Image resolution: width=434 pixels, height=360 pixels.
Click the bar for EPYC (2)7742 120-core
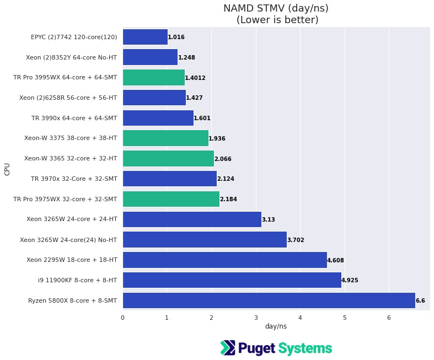pos(145,37)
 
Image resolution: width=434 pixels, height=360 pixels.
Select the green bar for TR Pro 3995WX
pos(154,78)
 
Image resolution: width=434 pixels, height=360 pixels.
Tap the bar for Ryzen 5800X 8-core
pos(269,300)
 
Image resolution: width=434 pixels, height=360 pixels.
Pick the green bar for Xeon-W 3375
pos(165,138)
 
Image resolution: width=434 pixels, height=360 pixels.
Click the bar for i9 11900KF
pos(232,280)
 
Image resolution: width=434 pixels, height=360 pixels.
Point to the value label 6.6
pos(420,301)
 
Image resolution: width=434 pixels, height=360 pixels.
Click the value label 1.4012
pos(195,78)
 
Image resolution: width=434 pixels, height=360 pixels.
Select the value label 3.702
pos(296,240)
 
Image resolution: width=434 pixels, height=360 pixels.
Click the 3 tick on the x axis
pos(256,318)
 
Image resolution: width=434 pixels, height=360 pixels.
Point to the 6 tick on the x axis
pos(389,318)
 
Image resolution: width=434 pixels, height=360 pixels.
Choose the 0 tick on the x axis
pos(122,318)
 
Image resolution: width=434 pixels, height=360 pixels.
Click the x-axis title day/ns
pos(276,326)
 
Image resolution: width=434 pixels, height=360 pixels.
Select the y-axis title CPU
pos(7,169)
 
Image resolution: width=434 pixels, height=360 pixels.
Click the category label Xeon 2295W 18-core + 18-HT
pos(72,260)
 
